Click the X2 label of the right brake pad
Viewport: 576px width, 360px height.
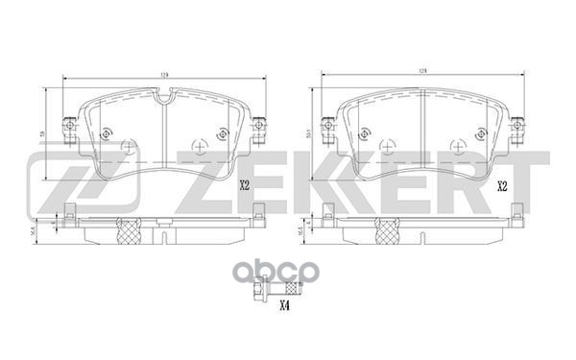[501, 185]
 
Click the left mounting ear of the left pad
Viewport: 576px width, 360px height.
[68, 126]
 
